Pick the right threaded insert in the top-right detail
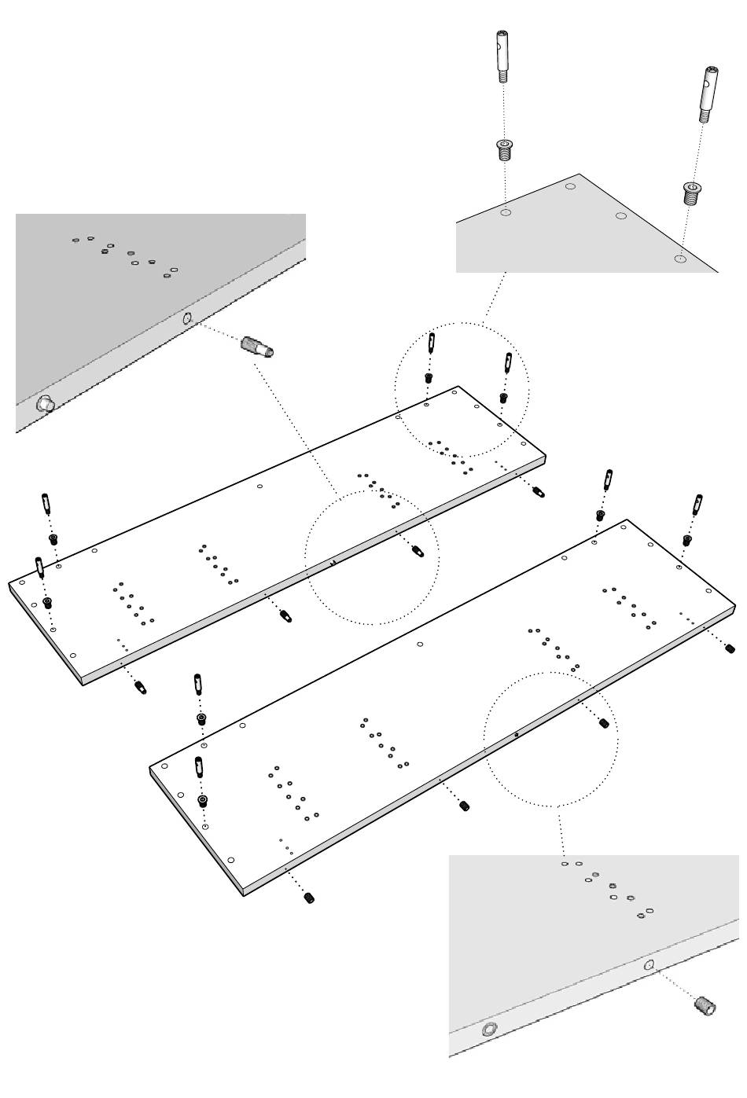[x=690, y=192]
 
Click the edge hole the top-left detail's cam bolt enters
[x=187, y=318]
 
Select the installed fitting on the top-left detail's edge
[x=45, y=404]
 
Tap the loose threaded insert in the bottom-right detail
[x=705, y=1005]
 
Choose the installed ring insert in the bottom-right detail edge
[x=490, y=1029]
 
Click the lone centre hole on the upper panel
[x=260, y=487]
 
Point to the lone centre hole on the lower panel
[x=420, y=644]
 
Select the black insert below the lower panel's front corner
[x=309, y=898]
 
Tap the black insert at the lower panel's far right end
[x=729, y=648]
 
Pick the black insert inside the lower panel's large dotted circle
[x=604, y=723]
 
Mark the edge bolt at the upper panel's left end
[x=141, y=688]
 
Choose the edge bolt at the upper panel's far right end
[x=538, y=492]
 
